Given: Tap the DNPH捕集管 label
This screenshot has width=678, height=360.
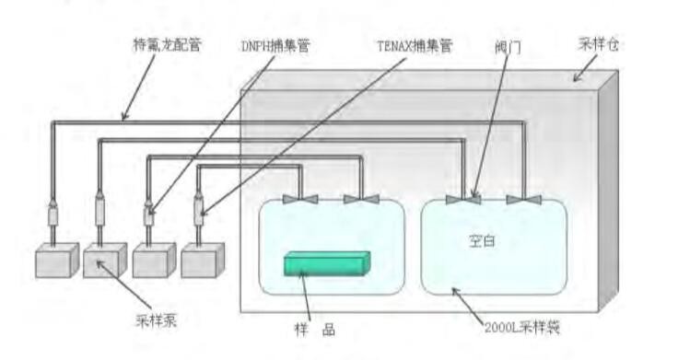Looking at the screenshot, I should [274, 44].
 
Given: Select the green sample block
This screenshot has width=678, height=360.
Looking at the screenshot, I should [327, 264].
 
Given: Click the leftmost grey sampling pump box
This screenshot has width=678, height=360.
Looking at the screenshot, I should [55, 261].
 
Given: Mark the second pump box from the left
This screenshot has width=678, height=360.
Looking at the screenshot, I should [104, 261].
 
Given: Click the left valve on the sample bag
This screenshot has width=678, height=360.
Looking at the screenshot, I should [300, 199].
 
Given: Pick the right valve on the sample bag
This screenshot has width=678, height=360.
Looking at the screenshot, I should [361, 199].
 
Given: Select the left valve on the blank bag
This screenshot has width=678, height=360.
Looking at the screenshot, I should [462, 199].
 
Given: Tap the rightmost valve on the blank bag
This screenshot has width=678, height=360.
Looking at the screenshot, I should [523, 199].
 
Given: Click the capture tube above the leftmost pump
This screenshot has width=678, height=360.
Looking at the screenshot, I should [53, 216].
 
